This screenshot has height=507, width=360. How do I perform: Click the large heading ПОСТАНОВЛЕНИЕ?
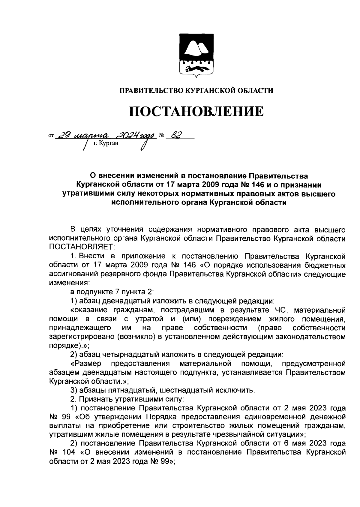point(196,111)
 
